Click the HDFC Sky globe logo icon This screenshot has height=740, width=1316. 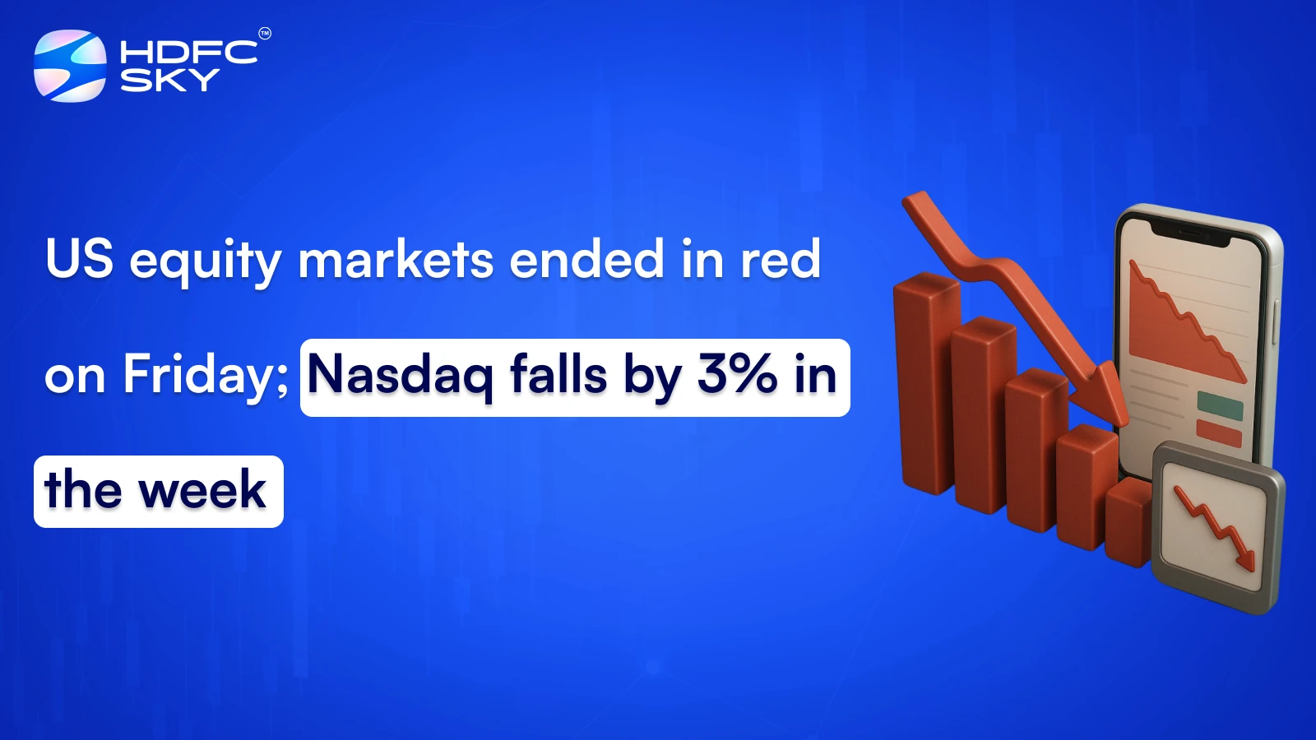[x=70, y=66]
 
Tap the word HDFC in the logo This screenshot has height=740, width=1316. [x=188, y=53]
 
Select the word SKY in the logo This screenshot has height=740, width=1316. [x=169, y=80]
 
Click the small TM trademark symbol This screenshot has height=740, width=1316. [x=264, y=34]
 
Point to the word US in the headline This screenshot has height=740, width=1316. [x=79, y=259]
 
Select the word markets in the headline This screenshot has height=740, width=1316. [x=396, y=260]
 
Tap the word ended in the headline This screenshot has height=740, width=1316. [x=586, y=259]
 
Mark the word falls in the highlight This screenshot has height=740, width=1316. [x=558, y=375]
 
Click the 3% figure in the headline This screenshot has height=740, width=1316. [x=736, y=374]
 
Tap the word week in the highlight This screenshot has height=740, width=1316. [x=202, y=491]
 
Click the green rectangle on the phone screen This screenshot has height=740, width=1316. [x=1220, y=405]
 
